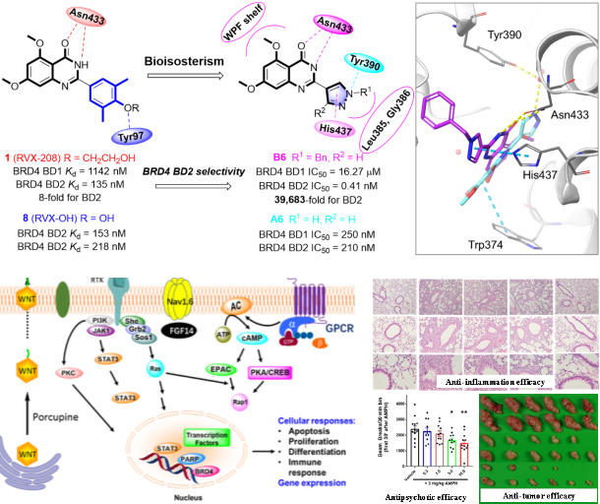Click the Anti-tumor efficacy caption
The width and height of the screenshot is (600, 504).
(x=536, y=495)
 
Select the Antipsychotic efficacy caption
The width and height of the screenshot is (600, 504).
(x=425, y=496)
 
